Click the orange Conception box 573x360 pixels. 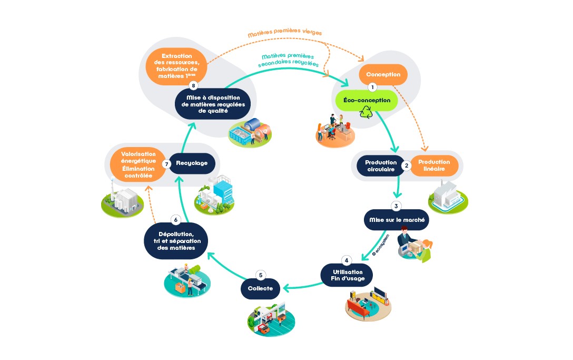383,75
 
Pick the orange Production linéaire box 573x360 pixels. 434,166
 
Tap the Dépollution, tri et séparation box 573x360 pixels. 176,240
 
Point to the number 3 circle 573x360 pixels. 396,205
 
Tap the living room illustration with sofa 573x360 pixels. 368,306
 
